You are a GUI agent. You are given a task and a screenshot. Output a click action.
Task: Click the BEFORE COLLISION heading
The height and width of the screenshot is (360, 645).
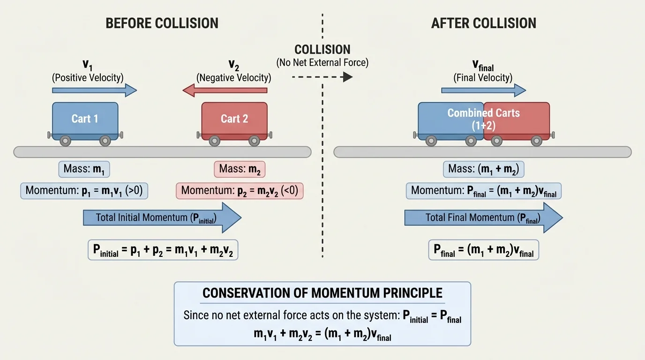pos(162,23)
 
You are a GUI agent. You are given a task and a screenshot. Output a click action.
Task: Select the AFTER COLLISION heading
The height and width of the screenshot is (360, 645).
pos(483,23)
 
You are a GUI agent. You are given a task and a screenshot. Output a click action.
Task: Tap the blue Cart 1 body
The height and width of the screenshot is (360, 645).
pos(85,118)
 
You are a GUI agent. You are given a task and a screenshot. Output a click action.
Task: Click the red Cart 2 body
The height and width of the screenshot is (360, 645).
pos(234,118)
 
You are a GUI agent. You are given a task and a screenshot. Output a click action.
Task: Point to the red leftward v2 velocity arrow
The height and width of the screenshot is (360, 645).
pos(225,90)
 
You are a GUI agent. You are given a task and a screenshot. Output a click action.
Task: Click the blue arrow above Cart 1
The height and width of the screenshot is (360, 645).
pos(94,90)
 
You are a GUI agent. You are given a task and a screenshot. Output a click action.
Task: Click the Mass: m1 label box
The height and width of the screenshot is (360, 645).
pos(84,169)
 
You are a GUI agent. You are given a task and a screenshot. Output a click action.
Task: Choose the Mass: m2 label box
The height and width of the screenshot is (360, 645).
pos(240,169)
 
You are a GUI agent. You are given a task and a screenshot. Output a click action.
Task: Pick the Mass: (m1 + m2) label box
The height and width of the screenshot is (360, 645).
pos(483,169)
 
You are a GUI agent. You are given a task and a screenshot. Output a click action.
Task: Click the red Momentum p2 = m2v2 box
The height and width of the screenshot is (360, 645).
pos(240,191)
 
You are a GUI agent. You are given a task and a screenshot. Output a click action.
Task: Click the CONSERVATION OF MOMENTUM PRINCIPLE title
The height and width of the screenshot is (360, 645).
pos(322,293)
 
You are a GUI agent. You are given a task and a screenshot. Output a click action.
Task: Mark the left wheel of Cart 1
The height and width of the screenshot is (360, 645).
pos(65,140)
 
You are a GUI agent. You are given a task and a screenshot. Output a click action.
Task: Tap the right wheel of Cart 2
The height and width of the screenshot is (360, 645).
pos(254,140)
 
